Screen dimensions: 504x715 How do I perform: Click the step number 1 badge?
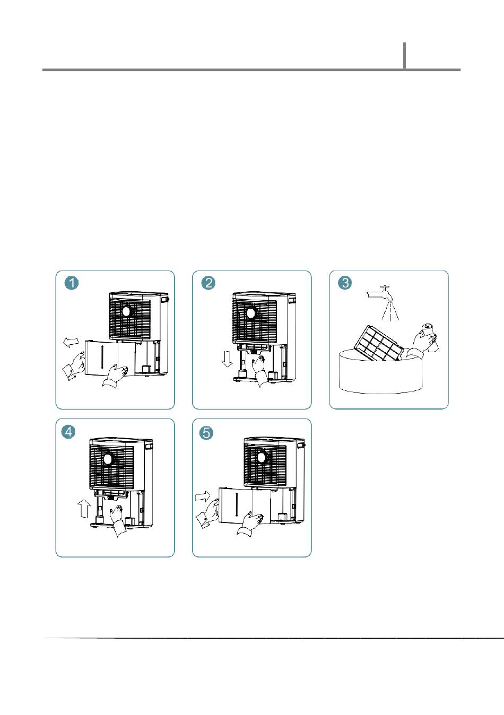(x=72, y=283)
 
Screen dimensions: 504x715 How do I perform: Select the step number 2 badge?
(x=208, y=283)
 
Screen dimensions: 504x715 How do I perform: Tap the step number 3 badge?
(x=345, y=283)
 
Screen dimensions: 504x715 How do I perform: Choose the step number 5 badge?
(x=206, y=433)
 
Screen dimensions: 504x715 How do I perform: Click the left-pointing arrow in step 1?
(x=71, y=342)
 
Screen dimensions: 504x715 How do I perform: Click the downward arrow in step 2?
(x=227, y=359)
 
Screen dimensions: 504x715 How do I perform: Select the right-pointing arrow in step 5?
(x=203, y=496)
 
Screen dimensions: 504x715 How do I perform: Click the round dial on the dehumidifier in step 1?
(x=126, y=311)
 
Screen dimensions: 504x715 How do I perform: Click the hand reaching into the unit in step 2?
(x=260, y=370)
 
